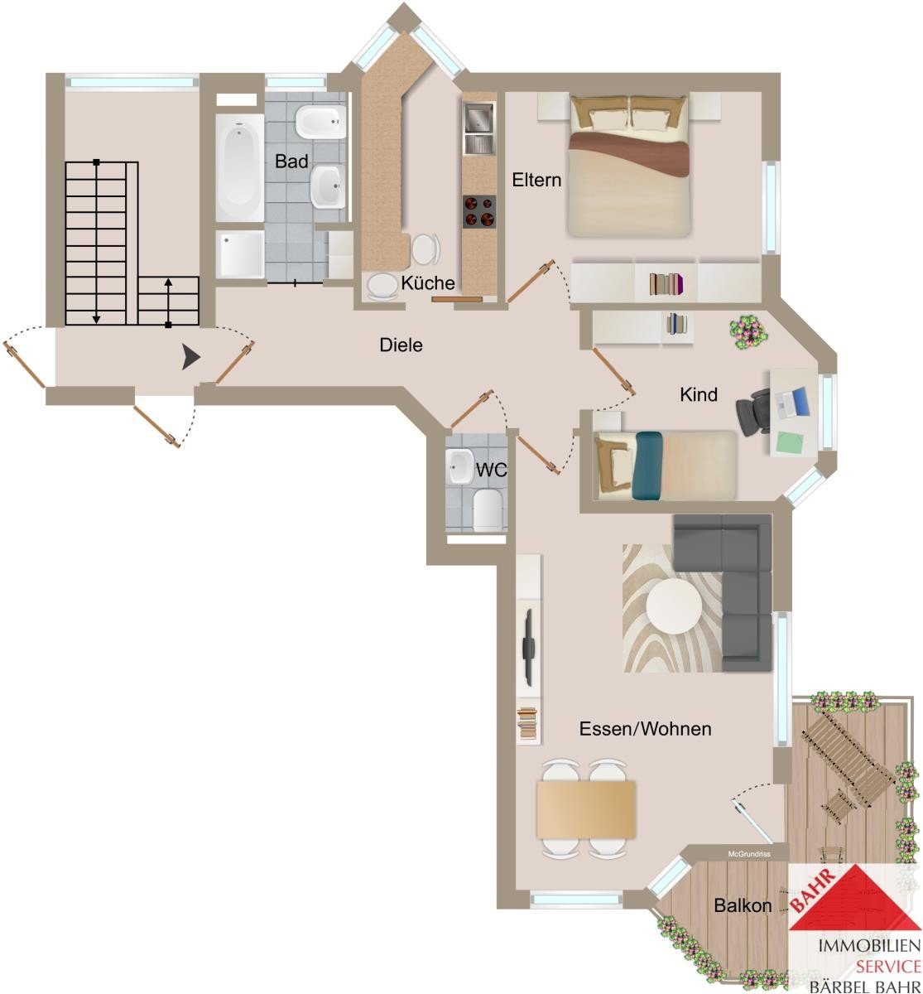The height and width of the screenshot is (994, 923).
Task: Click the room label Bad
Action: (291, 162)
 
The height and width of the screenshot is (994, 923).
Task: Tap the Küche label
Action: (428, 282)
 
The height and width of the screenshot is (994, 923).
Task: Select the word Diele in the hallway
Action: (401, 345)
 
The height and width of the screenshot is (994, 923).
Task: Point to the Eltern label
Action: (536, 180)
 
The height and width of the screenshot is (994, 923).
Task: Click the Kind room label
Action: (699, 394)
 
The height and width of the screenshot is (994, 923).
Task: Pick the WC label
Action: (491, 470)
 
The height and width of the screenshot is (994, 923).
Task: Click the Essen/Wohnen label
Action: (646, 729)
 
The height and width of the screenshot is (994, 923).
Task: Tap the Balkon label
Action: (743, 905)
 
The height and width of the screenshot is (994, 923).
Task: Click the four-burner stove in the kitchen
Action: (478, 212)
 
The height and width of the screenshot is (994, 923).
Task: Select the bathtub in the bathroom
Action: (239, 167)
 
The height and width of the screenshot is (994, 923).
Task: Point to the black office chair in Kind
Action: (753, 412)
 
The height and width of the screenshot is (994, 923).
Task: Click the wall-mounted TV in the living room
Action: (529, 647)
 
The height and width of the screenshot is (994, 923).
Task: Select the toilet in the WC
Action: (487, 510)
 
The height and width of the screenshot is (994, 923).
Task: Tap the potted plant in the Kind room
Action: (748, 331)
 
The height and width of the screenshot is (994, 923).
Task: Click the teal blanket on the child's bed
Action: (648, 466)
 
